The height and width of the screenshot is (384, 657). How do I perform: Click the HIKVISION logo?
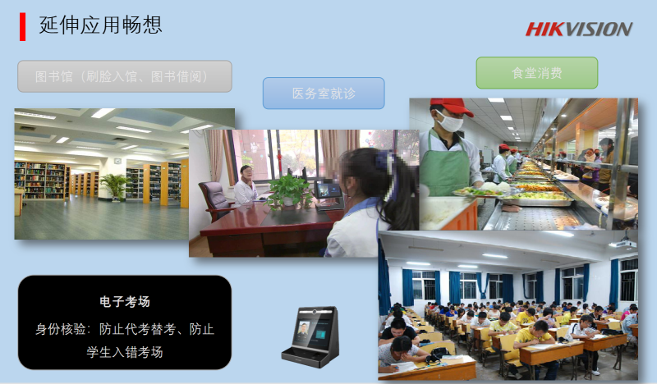[579, 30]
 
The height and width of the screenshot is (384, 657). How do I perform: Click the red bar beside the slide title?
[23, 27]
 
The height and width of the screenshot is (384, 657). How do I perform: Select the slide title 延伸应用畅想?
[100, 25]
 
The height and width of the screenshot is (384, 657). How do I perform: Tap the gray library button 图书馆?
[125, 76]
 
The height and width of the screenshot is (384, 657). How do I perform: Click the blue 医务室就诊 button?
[324, 93]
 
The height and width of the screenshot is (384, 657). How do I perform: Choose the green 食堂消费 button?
[537, 73]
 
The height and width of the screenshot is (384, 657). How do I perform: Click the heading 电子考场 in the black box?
[125, 301]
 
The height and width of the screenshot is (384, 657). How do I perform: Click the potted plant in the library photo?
[114, 186]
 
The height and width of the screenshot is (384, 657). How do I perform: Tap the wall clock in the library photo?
[117, 161]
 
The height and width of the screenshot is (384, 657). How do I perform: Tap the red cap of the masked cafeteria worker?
[451, 107]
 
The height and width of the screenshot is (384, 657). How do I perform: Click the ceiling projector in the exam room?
[623, 242]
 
